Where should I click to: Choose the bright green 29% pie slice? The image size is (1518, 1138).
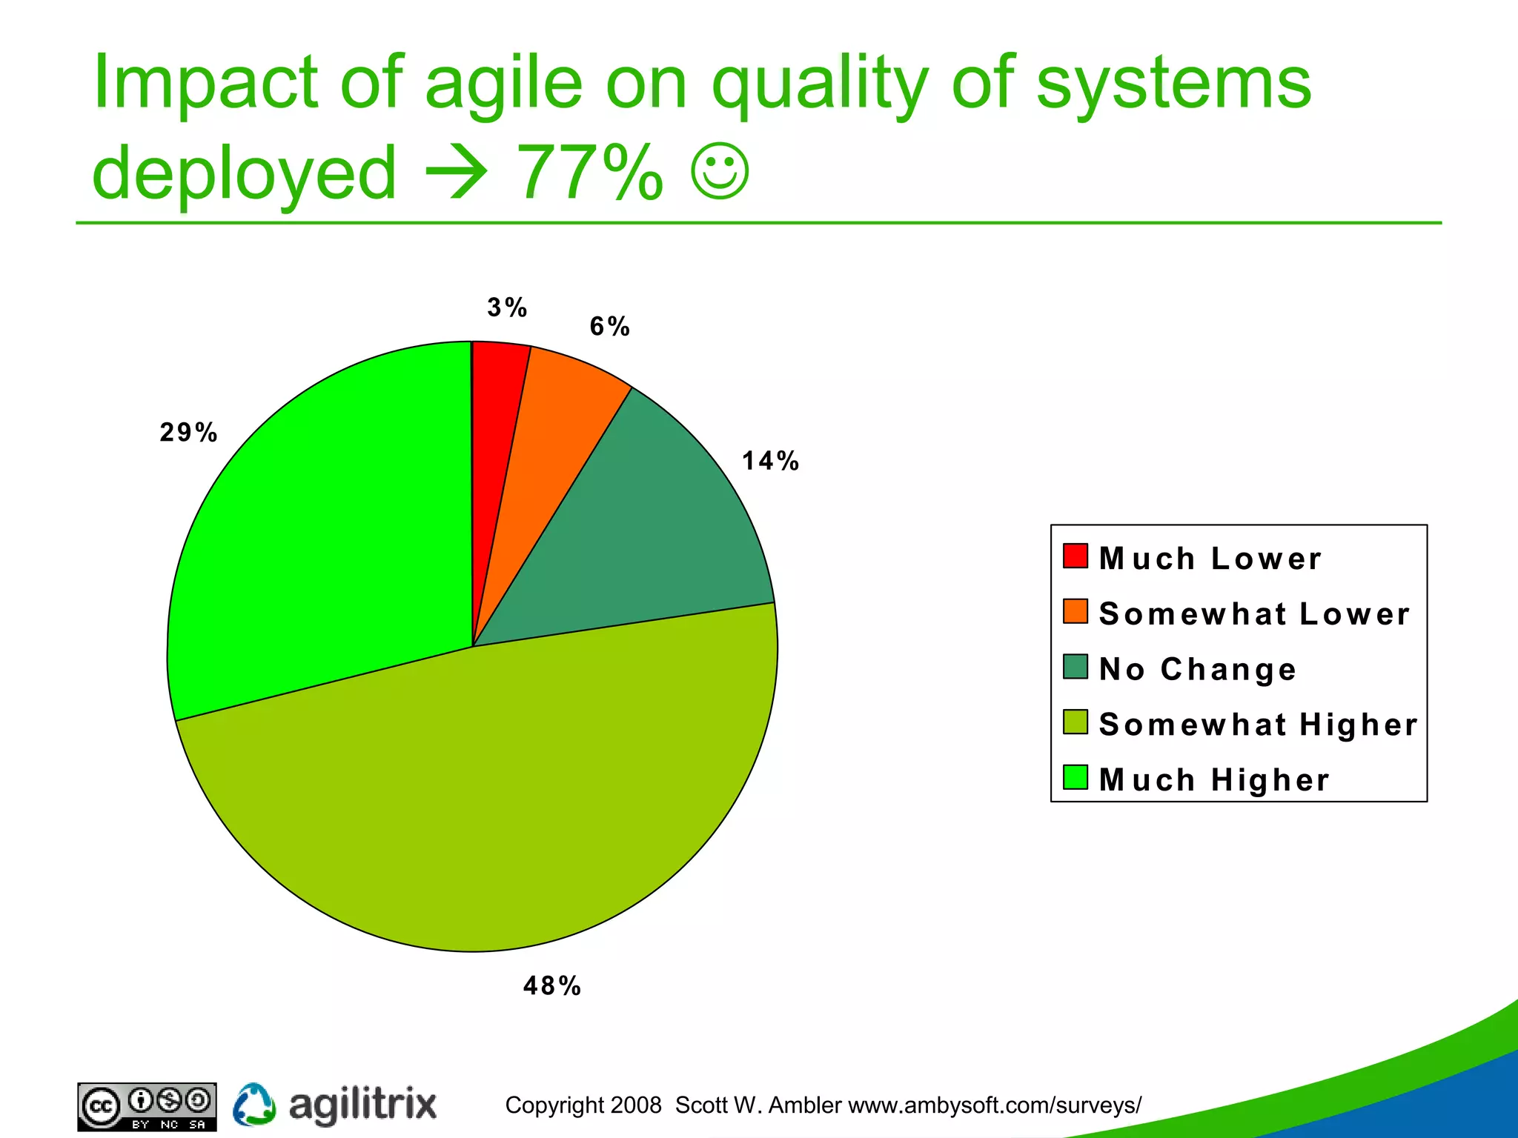[326, 533]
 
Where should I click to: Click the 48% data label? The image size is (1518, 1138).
[552, 986]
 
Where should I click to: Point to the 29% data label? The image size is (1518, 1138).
[189, 433]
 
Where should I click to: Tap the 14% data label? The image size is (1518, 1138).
[771, 461]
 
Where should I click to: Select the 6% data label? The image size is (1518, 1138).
[610, 327]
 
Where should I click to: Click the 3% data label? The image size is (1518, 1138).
[508, 307]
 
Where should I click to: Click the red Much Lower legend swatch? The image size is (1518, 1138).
[1075, 556]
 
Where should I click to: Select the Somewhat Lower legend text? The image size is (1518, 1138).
[1254, 614]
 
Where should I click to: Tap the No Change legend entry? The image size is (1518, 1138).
[1198, 669]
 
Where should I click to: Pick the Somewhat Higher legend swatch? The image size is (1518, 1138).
[1075, 722]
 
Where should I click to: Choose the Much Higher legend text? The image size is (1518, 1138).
[1214, 780]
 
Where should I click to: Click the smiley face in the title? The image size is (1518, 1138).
[720, 172]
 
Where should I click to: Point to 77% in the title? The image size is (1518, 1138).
[589, 173]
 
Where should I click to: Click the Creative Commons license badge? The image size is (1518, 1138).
[147, 1107]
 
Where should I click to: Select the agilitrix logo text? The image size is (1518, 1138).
[362, 1105]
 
